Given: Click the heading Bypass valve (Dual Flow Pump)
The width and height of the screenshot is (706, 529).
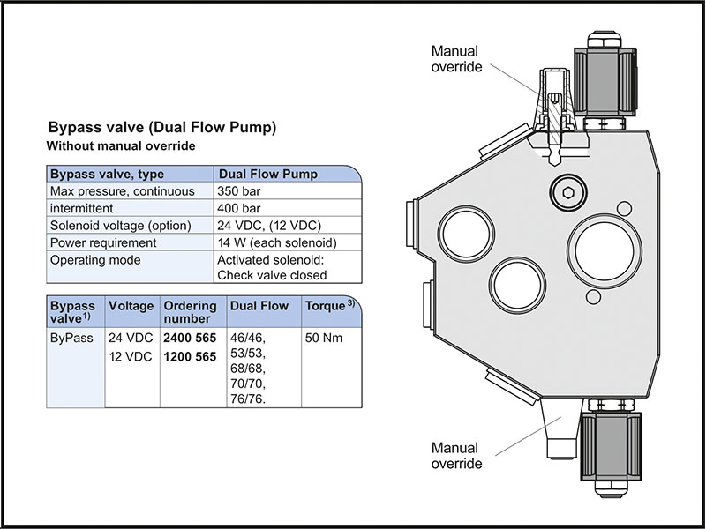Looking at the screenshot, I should (162, 127).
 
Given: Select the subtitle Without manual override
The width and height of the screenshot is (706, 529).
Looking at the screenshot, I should (120, 145).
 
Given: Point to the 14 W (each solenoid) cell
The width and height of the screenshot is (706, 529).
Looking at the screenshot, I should (276, 242).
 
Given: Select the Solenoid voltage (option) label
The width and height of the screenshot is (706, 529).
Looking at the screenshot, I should (120, 225).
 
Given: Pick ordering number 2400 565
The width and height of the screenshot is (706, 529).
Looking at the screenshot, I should (191, 338).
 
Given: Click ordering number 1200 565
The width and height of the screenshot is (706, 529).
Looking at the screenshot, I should (191, 357).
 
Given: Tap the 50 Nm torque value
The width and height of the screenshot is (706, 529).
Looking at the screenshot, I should (323, 338).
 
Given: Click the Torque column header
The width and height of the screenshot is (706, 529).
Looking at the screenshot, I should (324, 306).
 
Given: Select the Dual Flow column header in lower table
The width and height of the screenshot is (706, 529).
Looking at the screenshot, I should (259, 306).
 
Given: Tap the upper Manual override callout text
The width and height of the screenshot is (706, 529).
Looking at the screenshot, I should (456, 58).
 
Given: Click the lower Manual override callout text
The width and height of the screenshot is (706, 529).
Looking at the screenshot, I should (454, 456).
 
